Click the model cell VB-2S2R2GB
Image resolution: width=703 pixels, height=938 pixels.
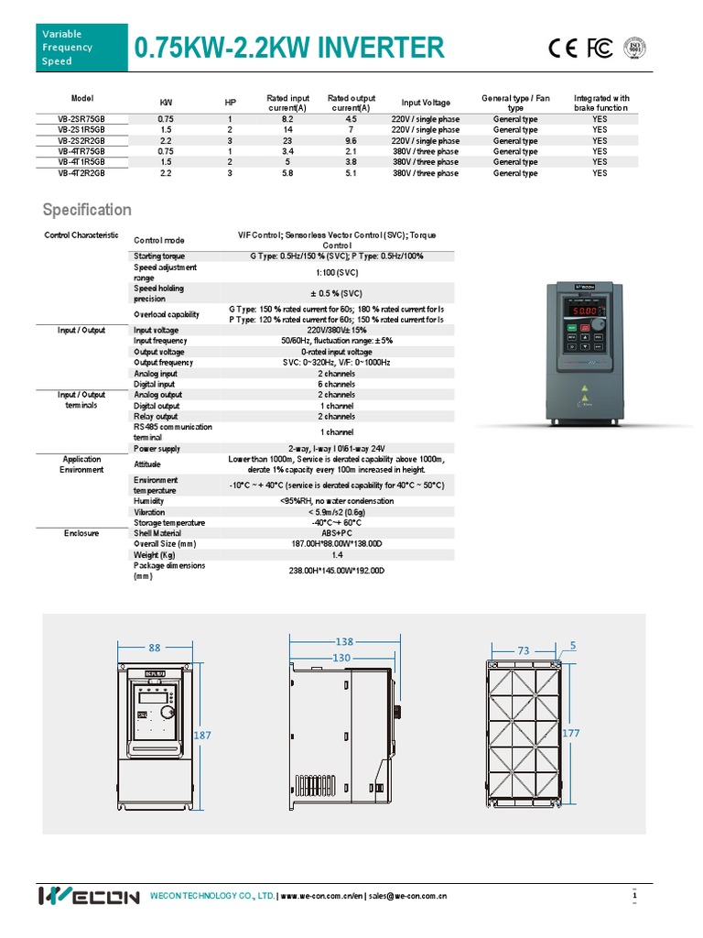click(x=81, y=141)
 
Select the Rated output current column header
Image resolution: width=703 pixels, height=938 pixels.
click(x=351, y=103)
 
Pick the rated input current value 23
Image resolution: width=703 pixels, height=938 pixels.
click(x=287, y=141)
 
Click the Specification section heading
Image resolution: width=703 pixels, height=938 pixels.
click(x=88, y=210)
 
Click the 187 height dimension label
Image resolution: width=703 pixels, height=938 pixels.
click(x=203, y=736)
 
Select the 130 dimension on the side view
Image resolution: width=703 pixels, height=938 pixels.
click(x=343, y=657)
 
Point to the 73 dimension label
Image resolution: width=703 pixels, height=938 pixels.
click(x=524, y=650)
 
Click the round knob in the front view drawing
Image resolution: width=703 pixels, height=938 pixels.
click(x=168, y=712)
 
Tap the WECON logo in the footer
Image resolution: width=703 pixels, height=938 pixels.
click(x=89, y=896)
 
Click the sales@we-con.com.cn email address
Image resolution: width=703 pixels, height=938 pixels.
click(x=407, y=896)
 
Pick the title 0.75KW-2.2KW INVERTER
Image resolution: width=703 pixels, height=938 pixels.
click(x=289, y=48)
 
